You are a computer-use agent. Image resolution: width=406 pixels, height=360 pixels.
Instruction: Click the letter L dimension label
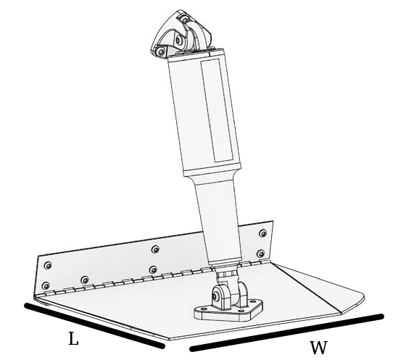click(73, 338)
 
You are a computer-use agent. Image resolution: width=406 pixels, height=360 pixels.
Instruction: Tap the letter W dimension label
click(318, 348)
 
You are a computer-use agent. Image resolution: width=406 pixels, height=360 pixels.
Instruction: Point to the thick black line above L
click(94, 326)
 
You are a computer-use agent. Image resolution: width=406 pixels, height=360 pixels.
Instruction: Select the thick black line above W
click(286, 332)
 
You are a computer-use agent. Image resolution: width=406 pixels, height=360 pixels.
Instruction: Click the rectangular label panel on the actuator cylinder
click(217, 110)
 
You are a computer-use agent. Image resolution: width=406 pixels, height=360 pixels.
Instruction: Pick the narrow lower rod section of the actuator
click(219, 222)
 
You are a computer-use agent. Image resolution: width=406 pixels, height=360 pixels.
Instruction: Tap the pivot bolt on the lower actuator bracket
click(215, 296)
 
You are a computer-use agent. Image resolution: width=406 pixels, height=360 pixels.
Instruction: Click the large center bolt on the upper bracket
click(179, 40)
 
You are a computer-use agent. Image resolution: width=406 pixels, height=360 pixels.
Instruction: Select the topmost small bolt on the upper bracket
click(185, 19)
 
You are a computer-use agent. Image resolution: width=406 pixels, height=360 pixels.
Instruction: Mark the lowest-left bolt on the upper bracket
click(161, 51)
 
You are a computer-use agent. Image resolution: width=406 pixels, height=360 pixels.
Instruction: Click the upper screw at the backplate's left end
click(48, 265)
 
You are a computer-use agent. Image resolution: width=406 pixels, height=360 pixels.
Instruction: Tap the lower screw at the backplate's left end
click(46, 286)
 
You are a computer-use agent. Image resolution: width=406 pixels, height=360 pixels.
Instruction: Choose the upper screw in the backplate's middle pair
click(155, 249)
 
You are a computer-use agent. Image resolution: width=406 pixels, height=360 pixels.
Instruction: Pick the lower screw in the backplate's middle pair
click(153, 269)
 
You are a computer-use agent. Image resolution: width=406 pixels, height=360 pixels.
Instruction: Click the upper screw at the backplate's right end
click(262, 233)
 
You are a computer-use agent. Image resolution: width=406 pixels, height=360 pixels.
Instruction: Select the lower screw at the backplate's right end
click(261, 254)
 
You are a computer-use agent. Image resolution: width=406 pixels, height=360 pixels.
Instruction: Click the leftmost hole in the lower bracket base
click(201, 309)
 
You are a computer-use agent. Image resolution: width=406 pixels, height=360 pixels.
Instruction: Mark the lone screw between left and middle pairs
click(84, 280)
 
